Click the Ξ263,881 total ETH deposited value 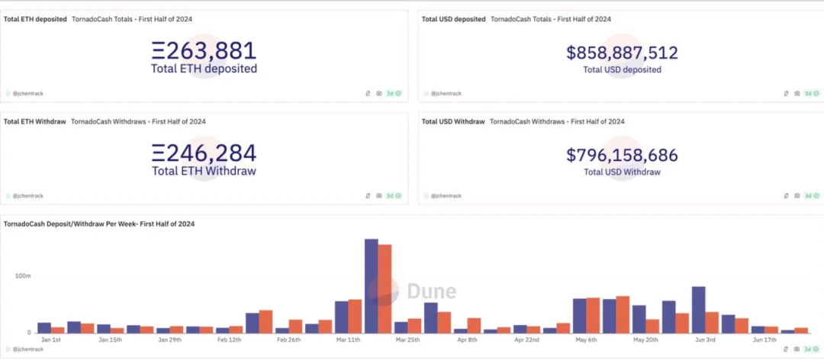204,51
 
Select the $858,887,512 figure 622,53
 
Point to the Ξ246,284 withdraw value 204,153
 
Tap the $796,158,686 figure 622,156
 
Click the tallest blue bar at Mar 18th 372,286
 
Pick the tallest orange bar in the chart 385,288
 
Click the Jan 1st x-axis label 51,340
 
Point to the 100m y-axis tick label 22,275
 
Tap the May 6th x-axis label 587,340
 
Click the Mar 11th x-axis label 349,340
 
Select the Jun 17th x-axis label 765,340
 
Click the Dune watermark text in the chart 431,291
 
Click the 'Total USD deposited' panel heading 453,19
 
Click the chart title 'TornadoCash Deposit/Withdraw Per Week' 99,223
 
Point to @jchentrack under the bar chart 27,348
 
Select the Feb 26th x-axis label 288,340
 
